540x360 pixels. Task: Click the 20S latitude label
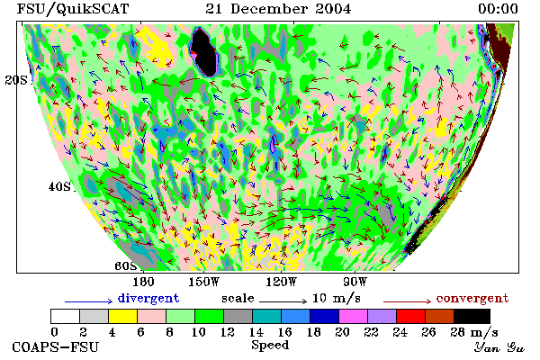[16, 80]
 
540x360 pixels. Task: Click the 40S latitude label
[59, 186]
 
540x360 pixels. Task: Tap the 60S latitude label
[125, 266]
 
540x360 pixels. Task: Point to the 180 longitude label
[143, 282]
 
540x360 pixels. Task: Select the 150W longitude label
[204, 282]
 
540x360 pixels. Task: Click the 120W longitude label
[281, 282]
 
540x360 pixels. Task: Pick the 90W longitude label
[355, 282]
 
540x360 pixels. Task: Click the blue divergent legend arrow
[89, 301]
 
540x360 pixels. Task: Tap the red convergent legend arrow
[407, 301]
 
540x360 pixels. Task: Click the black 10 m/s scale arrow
[283, 301]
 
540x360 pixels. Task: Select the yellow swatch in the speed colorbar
[122, 316]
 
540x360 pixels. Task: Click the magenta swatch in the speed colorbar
[353, 316]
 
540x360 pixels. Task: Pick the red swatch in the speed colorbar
[410, 316]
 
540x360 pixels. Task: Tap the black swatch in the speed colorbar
[472, 316]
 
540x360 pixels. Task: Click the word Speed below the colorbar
[270, 346]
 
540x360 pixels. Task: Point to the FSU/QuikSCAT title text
[73, 9]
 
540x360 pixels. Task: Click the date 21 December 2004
[278, 9]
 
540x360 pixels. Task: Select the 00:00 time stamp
[498, 9]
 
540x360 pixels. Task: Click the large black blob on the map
[204, 51]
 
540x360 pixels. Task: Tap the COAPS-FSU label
[56, 346]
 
